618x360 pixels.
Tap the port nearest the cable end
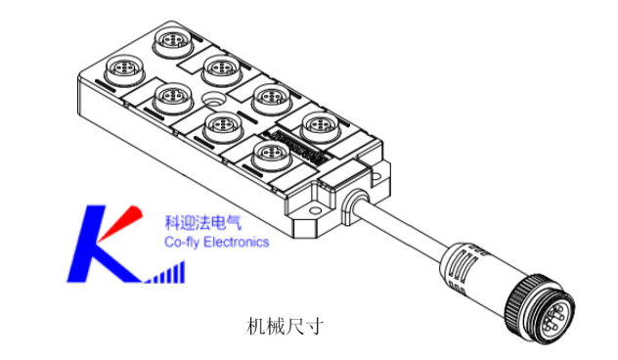pyautogui.click(x=318, y=125)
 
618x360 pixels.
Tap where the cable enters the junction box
pyautogui.click(x=351, y=201)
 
